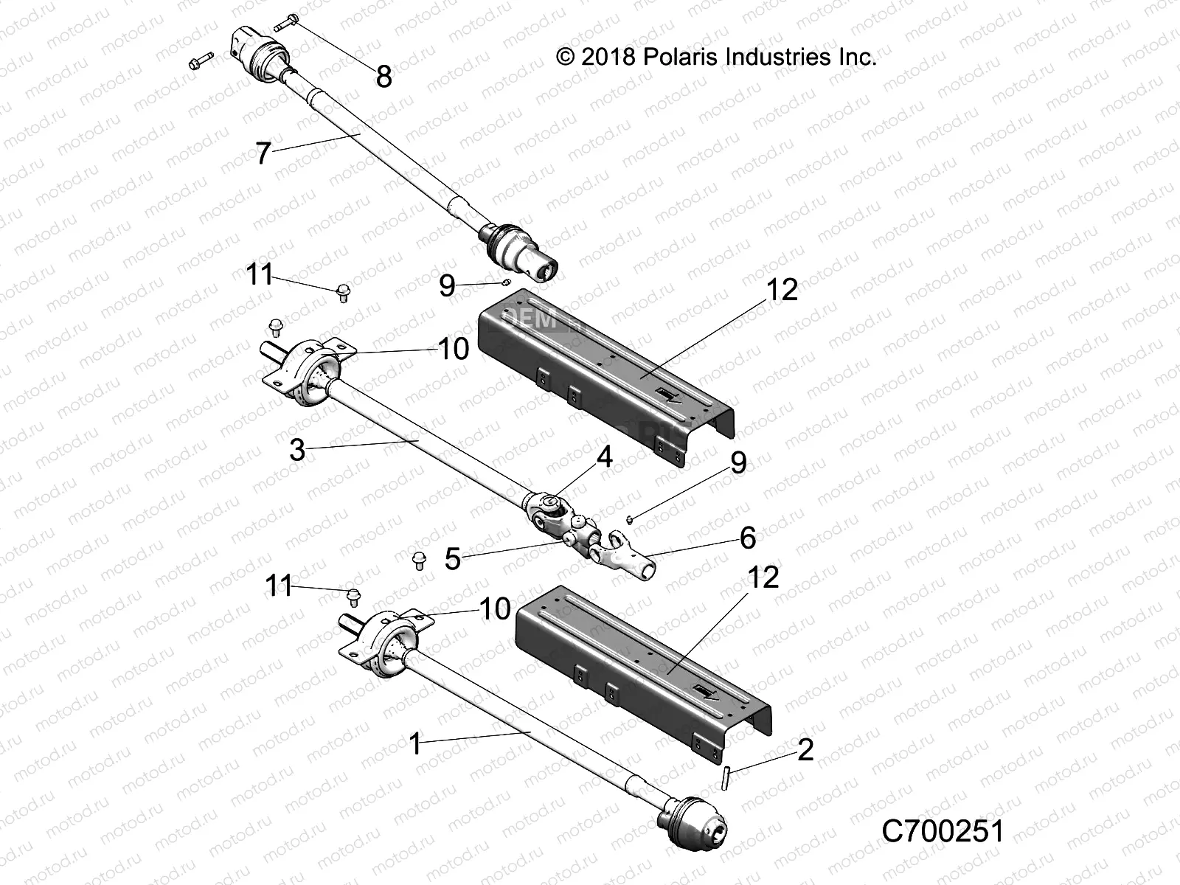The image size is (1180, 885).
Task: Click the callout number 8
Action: click(x=383, y=77)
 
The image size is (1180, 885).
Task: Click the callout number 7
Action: click(x=263, y=155)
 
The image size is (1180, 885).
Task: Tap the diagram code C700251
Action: click(x=943, y=831)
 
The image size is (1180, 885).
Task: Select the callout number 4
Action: click(x=604, y=457)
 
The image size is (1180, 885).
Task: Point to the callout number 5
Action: click(x=452, y=559)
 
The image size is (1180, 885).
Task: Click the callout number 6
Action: click(x=747, y=538)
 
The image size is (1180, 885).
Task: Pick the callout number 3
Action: click(x=297, y=450)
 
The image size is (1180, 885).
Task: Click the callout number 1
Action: click(x=415, y=744)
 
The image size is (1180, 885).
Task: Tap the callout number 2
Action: click(x=805, y=750)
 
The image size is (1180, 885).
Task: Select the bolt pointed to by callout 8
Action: click(x=286, y=23)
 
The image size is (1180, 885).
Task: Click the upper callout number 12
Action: click(x=782, y=290)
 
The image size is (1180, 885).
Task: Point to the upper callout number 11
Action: click(x=259, y=275)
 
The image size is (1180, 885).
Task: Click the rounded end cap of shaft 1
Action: click(x=697, y=823)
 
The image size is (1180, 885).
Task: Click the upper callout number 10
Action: click(x=453, y=349)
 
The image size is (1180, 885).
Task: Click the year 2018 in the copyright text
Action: click(x=608, y=57)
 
